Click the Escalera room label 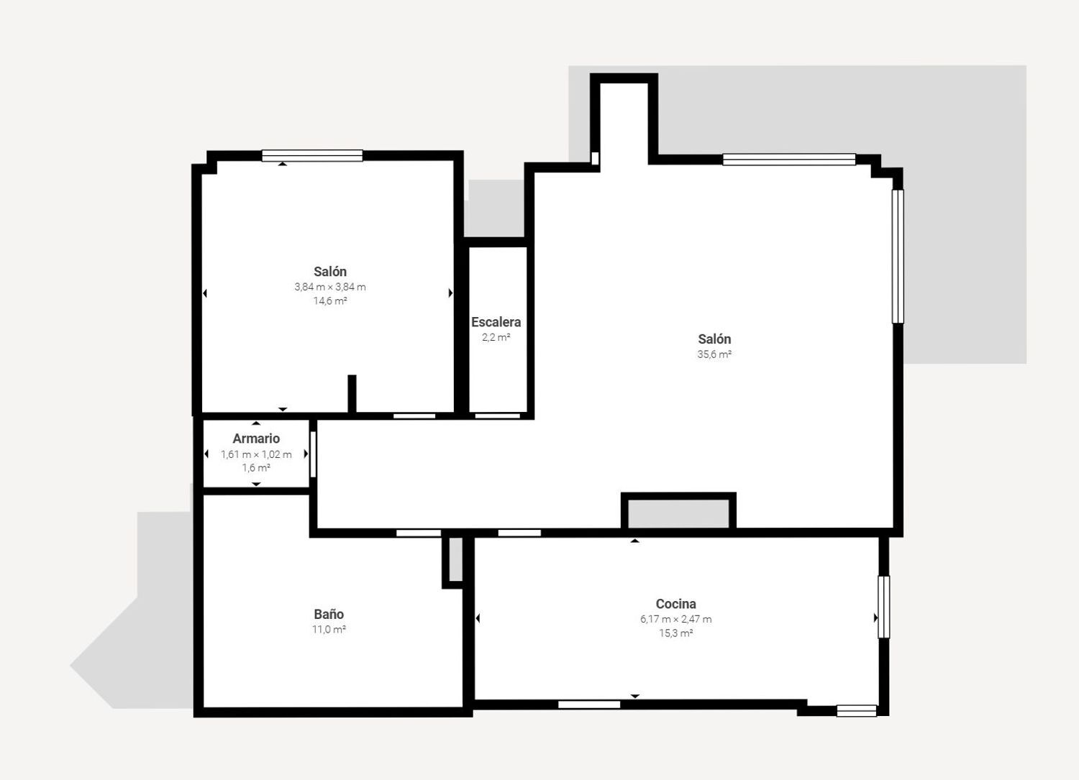(x=496, y=322)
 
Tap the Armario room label (x=256, y=439)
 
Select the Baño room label (x=329, y=614)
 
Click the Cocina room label (x=675, y=604)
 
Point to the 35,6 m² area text (x=714, y=354)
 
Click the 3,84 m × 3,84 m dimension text (x=330, y=287)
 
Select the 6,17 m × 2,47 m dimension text (x=675, y=619)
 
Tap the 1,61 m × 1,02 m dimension (x=256, y=454)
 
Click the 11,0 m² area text (x=329, y=630)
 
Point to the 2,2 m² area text (x=496, y=337)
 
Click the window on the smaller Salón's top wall (x=312, y=155)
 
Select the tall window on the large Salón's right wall (x=898, y=256)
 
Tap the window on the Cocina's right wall (x=884, y=607)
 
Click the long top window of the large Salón (x=789, y=160)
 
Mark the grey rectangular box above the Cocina (x=678, y=513)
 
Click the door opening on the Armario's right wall (x=313, y=454)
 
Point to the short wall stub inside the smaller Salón (x=352, y=393)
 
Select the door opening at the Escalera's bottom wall (x=498, y=416)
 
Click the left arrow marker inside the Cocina (x=478, y=618)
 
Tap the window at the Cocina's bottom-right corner (x=856, y=711)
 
